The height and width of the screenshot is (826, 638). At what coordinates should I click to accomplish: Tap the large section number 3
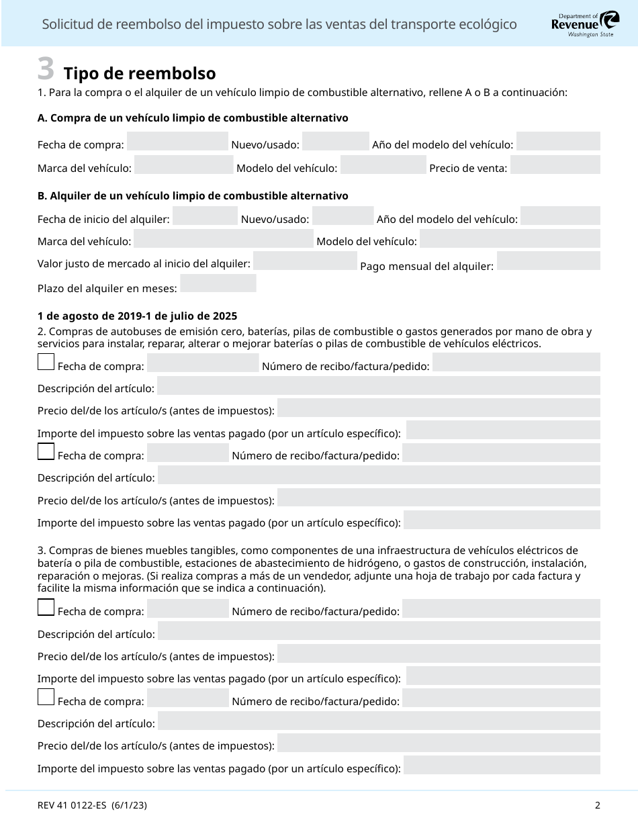pos(46,68)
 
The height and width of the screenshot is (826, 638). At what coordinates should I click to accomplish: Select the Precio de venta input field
pos(555,165)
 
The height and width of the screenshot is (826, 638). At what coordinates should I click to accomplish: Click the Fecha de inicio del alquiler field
pos(206,216)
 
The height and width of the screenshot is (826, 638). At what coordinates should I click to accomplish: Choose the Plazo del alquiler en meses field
pos(218,284)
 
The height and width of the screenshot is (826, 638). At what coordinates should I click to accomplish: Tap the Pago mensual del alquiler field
pos(548,261)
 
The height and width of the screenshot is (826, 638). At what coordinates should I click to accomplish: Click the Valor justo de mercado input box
pos(306,261)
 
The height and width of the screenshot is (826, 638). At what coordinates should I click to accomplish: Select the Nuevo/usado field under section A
pos(336,142)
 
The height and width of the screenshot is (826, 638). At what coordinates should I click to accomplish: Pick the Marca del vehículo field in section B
pos(224,239)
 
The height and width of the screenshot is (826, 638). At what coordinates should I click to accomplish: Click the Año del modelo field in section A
pos(558,142)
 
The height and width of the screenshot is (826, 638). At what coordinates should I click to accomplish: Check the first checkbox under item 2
pos(46,363)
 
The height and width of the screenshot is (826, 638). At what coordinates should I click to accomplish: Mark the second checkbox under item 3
pos(46,697)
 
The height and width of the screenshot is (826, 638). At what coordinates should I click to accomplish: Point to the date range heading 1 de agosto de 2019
pos(137,316)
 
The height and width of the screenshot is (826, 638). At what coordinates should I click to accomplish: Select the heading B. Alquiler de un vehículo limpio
pos(193,196)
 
